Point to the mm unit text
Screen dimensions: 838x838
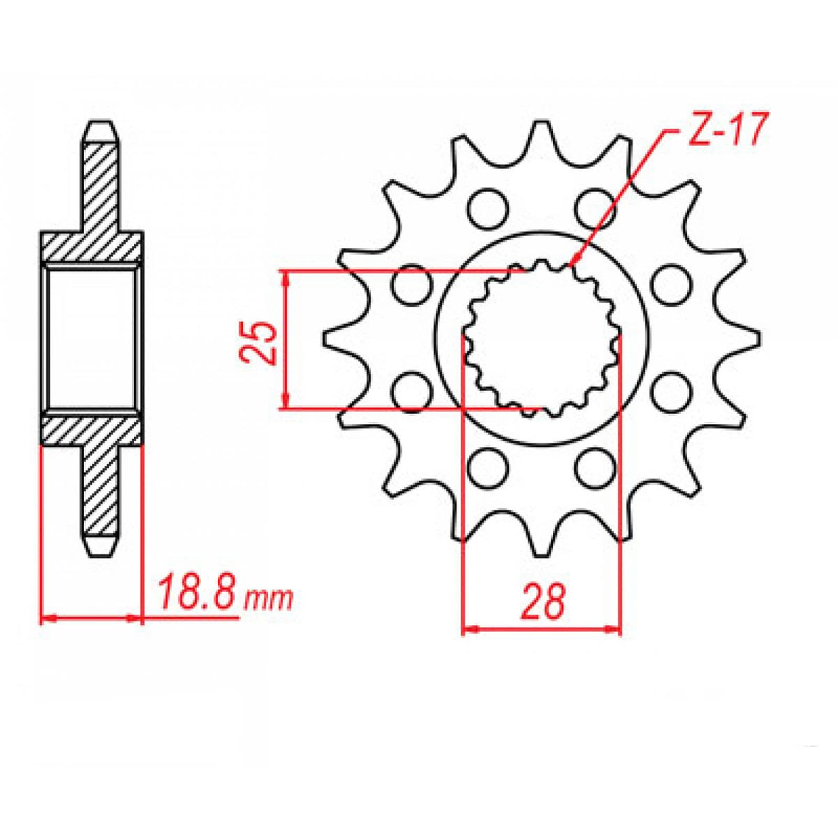[x=269, y=598]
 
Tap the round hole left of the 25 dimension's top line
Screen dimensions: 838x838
[x=410, y=285]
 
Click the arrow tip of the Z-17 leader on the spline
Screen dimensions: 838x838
[x=571, y=265]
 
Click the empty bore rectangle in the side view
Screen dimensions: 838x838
[x=91, y=339]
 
